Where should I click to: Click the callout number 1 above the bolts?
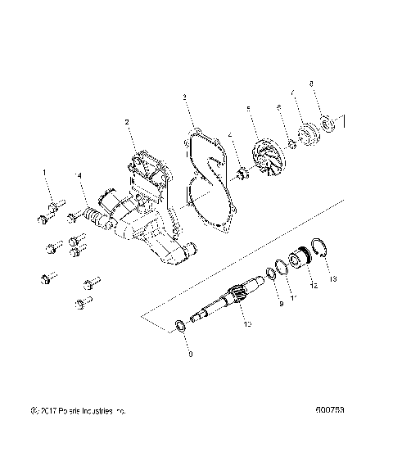coord(46,174)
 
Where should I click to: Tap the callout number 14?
coord(79,175)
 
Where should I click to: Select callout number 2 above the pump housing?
coord(127,122)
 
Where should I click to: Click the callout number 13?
coord(332,279)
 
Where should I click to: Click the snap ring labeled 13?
coord(320,253)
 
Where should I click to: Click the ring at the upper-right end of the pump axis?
coord(335,124)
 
